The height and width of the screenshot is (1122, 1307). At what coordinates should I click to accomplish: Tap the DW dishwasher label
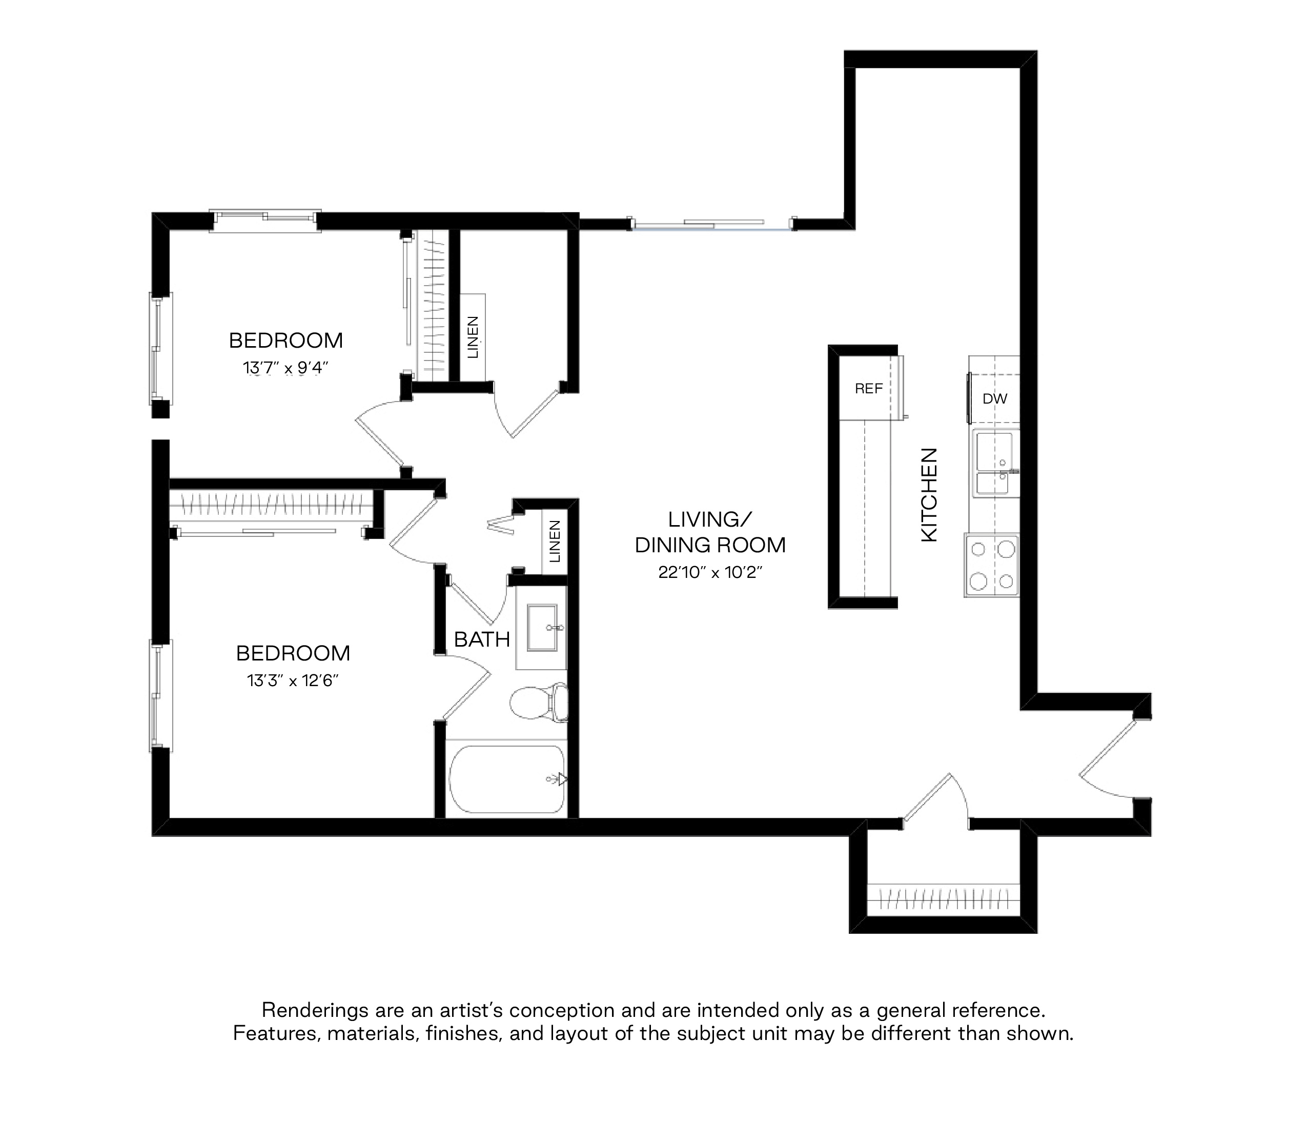pyautogui.click(x=995, y=399)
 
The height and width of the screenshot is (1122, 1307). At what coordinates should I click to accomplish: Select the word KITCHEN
pyautogui.click(x=930, y=494)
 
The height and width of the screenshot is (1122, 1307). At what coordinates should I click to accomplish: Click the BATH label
pyautogui.click(x=482, y=639)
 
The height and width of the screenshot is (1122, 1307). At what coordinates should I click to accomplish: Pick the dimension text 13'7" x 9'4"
pyautogui.click(x=286, y=367)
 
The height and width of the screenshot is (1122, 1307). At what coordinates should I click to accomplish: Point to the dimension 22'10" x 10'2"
pyautogui.click(x=710, y=572)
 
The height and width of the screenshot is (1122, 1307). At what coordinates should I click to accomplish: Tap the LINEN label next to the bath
pyautogui.click(x=555, y=542)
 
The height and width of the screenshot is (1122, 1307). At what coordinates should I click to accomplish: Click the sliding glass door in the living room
pyautogui.click(x=712, y=224)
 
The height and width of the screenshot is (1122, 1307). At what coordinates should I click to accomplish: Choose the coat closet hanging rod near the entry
pyautogui.click(x=944, y=898)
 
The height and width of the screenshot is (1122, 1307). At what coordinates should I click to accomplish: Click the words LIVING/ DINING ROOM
pyautogui.click(x=710, y=532)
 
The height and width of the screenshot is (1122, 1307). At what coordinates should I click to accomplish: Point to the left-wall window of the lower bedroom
pyautogui.click(x=160, y=695)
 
